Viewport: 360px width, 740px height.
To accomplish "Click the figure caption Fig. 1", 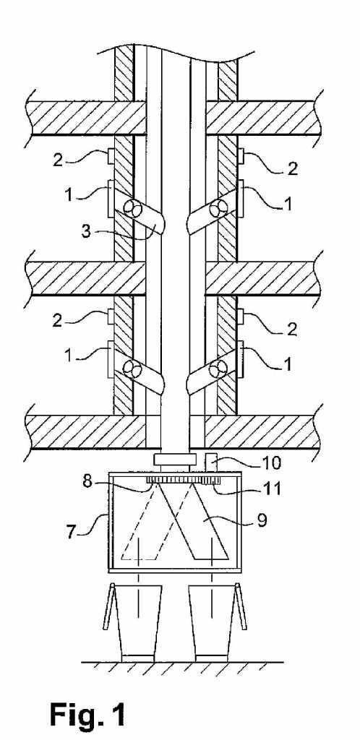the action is [88, 713].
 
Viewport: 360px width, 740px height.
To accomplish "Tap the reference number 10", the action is [271, 462].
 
